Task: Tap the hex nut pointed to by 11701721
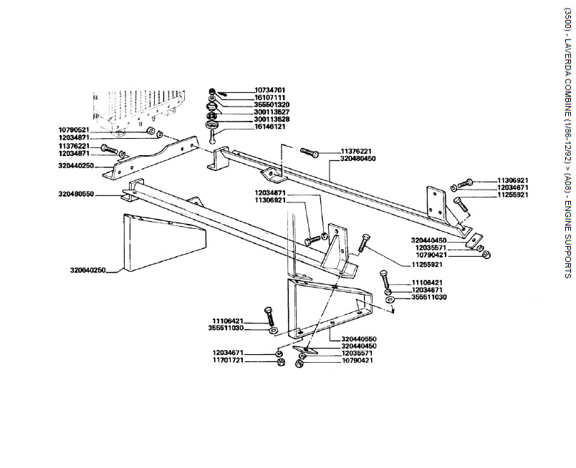pos(280,363)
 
